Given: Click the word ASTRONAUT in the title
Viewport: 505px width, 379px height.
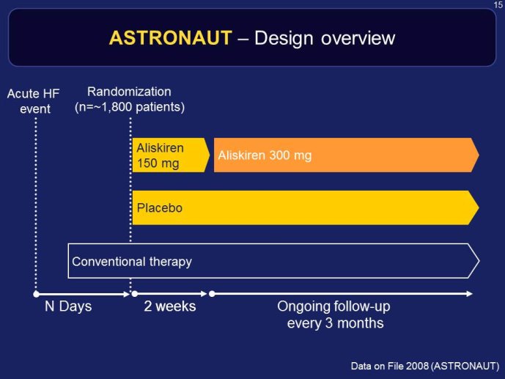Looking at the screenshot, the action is (x=171, y=37).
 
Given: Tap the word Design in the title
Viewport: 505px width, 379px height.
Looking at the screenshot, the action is (x=284, y=39).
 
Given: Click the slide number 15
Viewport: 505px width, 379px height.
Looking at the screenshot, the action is (x=498, y=5).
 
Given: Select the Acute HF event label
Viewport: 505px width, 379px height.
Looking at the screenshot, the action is (x=34, y=101).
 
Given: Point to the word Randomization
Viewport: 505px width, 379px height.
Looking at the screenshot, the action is (x=129, y=92).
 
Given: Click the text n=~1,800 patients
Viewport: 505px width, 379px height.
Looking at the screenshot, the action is (x=130, y=107).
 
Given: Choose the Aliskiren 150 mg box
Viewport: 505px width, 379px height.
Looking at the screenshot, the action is (x=171, y=155).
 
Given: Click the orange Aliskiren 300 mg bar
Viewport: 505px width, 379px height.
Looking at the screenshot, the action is (x=346, y=155).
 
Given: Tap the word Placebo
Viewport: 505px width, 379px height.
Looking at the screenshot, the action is (x=160, y=208).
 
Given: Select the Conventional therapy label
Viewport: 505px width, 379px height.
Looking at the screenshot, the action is (x=132, y=262).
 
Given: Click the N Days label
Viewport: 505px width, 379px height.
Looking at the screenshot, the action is (x=68, y=306).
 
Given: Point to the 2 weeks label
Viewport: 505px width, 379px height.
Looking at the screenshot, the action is (x=170, y=306).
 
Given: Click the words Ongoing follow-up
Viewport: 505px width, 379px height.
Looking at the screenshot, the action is (x=333, y=307).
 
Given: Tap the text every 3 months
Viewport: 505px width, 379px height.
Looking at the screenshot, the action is (x=335, y=323).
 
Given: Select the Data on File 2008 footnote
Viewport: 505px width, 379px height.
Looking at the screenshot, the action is (x=425, y=366).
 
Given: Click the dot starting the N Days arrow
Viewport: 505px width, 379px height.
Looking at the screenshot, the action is (x=37, y=294).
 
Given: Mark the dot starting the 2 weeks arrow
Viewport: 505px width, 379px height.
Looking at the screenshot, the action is (x=135, y=294).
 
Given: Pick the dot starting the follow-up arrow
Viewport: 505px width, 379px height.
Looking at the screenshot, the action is (x=212, y=294).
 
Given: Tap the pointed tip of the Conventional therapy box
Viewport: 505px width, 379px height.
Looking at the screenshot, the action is (x=479, y=261).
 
